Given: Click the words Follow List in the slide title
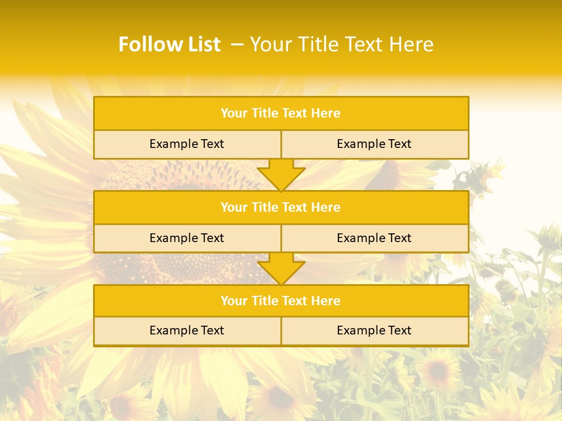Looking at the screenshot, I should (x=169, y=44).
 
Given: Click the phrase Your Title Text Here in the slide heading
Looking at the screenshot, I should (x=341, y=44).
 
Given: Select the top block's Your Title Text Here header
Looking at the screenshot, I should (x=280, y=113).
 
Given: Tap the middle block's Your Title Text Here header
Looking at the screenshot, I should (x=280, y=207).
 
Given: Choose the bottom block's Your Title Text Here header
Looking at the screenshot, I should (x=280, y=301).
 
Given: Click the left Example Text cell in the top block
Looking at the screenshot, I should (x=187, y=144).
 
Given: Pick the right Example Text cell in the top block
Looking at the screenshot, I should (x=374, y=144).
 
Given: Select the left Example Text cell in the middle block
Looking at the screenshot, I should (x=187, y=238).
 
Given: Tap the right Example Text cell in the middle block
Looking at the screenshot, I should (x=374, y=238).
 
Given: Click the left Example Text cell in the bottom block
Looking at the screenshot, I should (x=187, y=330).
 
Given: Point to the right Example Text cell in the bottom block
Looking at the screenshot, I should (x=374, y=330).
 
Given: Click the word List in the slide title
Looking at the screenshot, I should (x=201, y=44).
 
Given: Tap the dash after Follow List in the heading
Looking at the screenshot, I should (x=237, y=44).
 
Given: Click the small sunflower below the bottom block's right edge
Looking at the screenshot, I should (x=438, y=370).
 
